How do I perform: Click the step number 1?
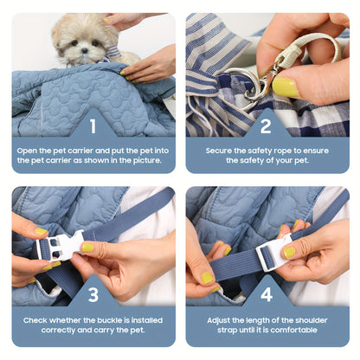pos(93,126)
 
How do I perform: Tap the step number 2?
pos(267,126)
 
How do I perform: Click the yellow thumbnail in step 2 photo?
pos(285,86)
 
